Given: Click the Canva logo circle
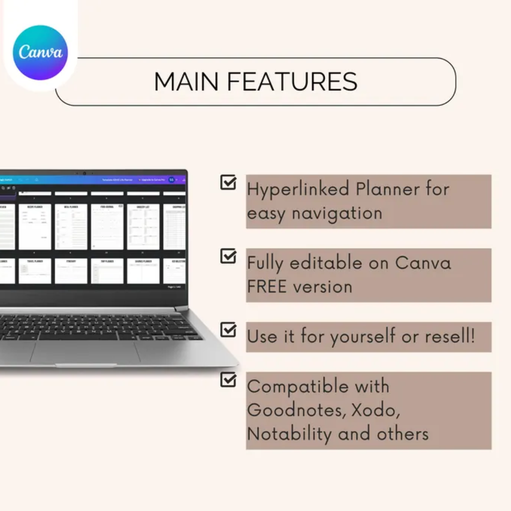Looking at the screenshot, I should (40, 53).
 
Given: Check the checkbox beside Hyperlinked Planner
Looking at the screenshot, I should (229, 183).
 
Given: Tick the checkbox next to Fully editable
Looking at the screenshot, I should (229, 256).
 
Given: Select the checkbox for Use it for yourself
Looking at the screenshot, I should (229, 330).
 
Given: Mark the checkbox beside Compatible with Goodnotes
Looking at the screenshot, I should (229, 379).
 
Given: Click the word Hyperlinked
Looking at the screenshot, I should (298, 189).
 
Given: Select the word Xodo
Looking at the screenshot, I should (375, 409).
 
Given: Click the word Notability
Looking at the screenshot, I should (289, 433).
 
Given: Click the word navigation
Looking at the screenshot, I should (336, 213).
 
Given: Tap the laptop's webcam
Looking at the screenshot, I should (84, 173).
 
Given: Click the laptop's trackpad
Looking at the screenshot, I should (85, 352).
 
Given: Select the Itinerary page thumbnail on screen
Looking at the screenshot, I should (71, 271).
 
